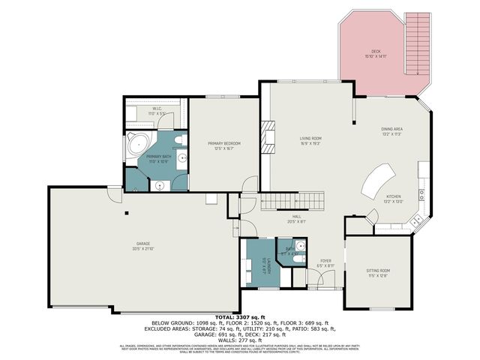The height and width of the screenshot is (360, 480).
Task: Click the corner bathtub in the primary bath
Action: [x=136, y=142]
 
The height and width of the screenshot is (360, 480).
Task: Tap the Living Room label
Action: [x=310, y=140]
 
